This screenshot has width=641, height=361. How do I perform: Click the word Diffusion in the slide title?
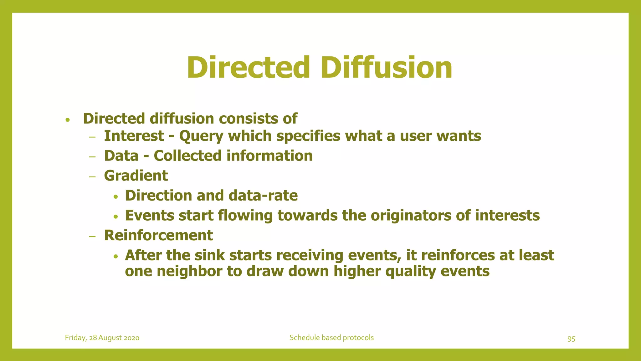pos(386,68)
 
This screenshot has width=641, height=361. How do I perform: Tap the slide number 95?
pos(571,339)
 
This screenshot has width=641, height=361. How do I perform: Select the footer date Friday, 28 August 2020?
pos(102,338)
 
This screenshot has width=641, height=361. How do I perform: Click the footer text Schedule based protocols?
pos(331,338)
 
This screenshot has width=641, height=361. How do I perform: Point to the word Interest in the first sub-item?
pos(134,136)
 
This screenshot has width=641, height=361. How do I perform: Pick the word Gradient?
pos(136,176)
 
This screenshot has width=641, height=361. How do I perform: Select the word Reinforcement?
pos(158,235)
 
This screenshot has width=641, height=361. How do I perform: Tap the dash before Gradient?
pos(92,177)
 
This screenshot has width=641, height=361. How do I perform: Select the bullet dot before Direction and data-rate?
pos(116,197)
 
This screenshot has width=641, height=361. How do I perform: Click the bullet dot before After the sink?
pos(116,256)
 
